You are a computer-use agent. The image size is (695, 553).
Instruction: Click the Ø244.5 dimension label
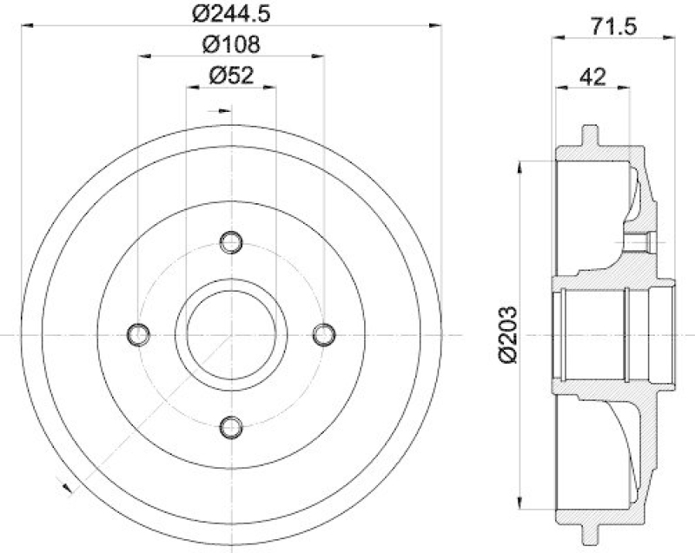(231, 15)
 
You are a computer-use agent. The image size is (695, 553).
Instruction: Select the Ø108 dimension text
(231, 44)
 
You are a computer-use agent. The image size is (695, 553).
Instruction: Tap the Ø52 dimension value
(231, 76)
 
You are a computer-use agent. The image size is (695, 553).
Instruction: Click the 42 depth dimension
(592, 76)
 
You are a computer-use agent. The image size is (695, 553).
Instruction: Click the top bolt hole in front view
(230, 242)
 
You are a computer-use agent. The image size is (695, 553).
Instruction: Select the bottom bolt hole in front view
(230, 426)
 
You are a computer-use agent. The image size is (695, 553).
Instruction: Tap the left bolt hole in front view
(138, 334)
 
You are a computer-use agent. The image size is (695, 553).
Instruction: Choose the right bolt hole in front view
(323, 334)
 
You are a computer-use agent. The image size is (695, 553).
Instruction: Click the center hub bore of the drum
(230, 334)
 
